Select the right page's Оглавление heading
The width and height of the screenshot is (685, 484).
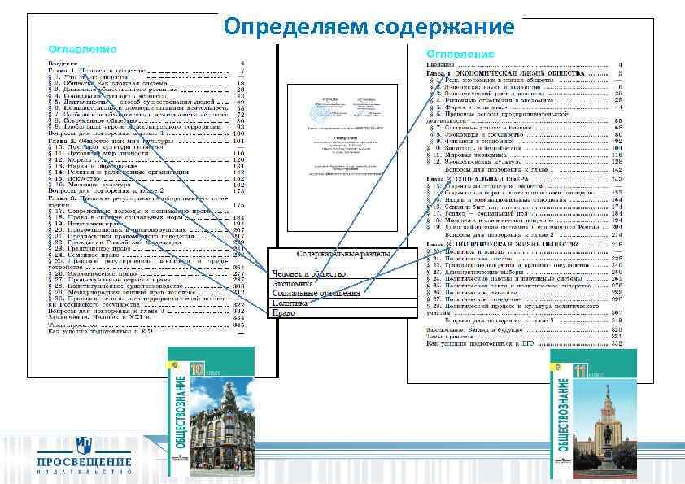pos(460,54)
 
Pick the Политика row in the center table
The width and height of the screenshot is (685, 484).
pos(289,302)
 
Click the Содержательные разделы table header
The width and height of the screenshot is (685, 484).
pos(342,255)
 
